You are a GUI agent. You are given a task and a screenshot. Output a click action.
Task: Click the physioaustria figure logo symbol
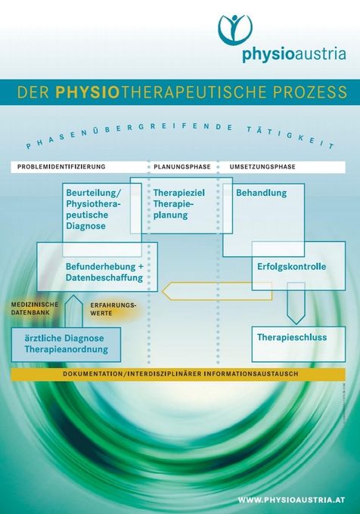[x=235, y=29]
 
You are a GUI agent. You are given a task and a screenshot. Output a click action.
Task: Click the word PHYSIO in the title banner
[x=87, y=92]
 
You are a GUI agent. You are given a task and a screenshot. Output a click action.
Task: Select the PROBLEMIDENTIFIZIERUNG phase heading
[x=61, y=166]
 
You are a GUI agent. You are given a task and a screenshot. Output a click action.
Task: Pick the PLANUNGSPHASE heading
[x=182, y=167]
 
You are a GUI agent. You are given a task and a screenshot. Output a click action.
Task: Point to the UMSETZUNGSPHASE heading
[x=262, y=167]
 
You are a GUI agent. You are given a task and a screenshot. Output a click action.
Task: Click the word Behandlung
[x=262, y=193]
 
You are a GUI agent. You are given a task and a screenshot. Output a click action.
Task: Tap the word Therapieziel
[x=179, y=193]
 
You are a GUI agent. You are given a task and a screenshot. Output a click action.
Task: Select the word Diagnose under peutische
[x=86, y=226]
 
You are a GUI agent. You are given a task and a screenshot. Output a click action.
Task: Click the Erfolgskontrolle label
[x=291, y=267]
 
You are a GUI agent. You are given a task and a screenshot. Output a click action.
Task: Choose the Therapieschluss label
[x=292, y=337]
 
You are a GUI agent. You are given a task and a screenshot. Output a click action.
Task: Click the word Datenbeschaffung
[x=104, y=277]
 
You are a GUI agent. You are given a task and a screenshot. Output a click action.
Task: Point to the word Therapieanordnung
[x=67, y=349]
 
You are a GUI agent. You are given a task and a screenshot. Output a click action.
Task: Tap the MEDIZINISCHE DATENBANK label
[x=35, y=308]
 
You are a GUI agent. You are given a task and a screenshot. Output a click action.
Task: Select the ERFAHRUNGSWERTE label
[x=113, y=309]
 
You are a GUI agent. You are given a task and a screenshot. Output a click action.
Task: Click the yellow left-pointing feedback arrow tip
[x=163, y=291]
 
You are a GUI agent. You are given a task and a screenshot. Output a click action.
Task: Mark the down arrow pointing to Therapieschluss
[x=296, y=303]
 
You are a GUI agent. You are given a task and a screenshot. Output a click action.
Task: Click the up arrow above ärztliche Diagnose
[x=74, y=311]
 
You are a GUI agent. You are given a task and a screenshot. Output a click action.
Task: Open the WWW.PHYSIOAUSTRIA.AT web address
[x=291, y=500]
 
